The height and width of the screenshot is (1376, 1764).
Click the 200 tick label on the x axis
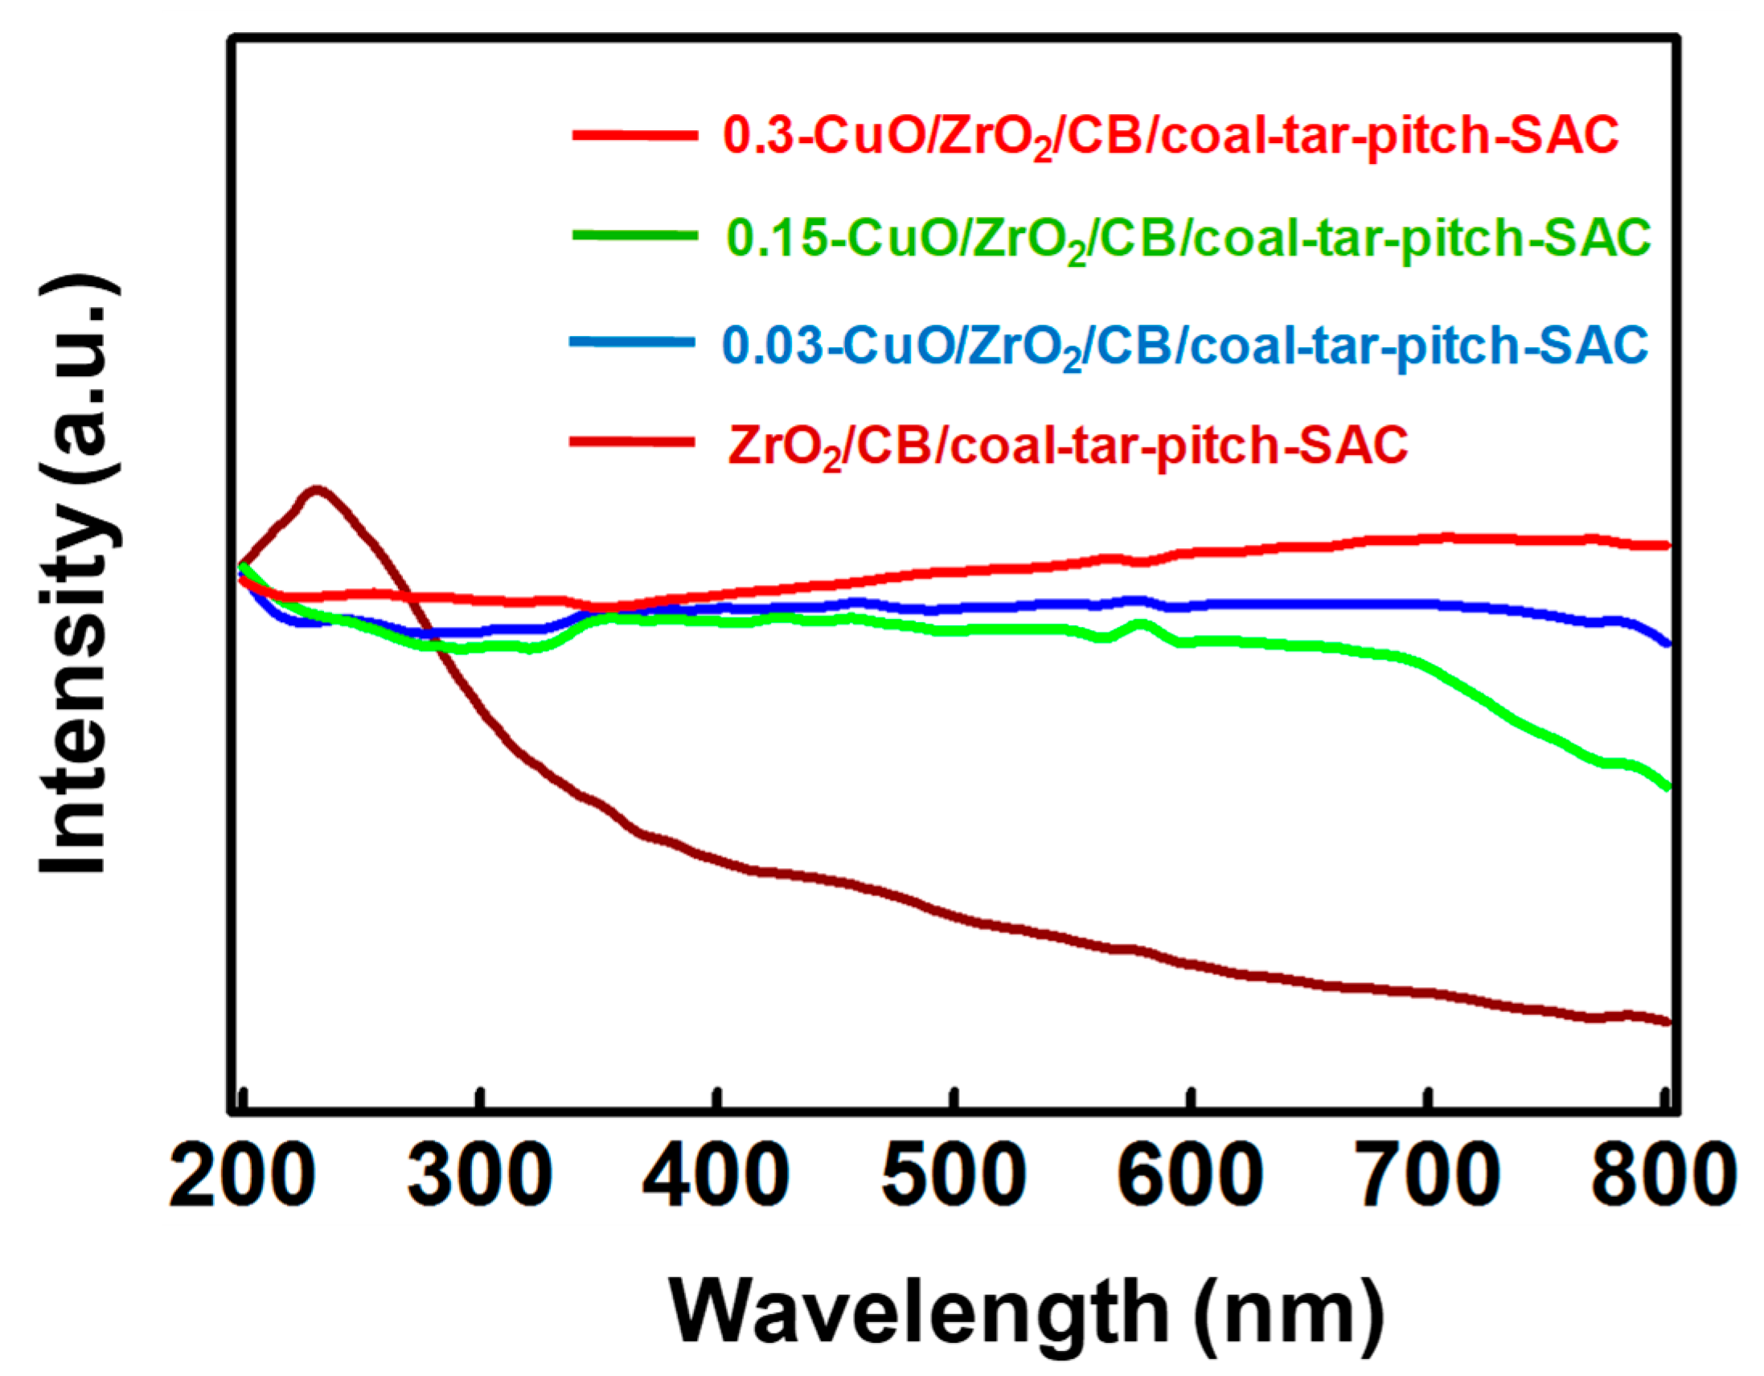click(241, 1177)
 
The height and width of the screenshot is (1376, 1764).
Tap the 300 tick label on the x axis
click(480, 1177)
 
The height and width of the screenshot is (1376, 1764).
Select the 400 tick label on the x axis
click(716, 1177)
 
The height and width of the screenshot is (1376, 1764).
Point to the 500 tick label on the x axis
click(954, 1177)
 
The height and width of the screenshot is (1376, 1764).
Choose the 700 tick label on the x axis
click(1429, 1177)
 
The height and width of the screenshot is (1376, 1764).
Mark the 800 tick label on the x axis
click(1663, 1177)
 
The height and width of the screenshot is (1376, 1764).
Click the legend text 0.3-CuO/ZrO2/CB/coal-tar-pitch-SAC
click(1171, 136)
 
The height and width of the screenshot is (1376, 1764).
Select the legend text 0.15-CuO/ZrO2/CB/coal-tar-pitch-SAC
click(1188, 239)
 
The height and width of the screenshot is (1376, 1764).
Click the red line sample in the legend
click(634, 135)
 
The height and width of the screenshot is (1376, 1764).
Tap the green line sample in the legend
click(634, 235)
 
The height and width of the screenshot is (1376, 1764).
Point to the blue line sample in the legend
click(632, 342)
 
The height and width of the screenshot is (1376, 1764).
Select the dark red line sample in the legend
click(632, 442)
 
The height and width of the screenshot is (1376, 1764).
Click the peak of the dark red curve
click(317, 489)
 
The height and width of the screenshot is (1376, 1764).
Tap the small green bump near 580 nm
click(1139, 624)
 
